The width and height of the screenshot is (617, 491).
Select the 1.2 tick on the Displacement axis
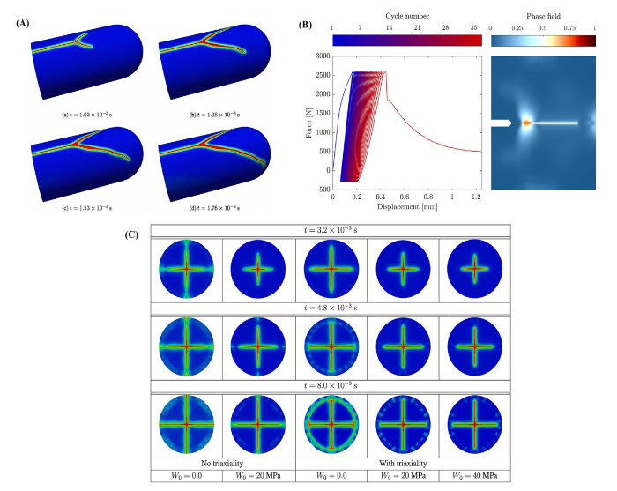coord(475,197)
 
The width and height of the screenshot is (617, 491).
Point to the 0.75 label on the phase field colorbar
coord(569,29)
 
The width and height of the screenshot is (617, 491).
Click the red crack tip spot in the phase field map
coord(526,123)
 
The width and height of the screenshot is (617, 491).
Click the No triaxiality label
coord(221,464)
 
